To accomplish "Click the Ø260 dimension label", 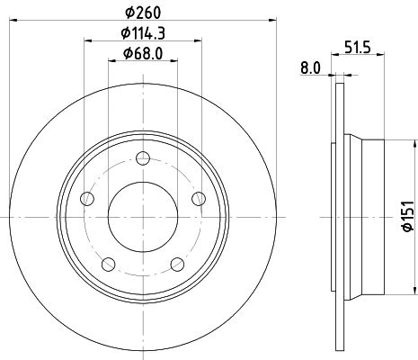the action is [143, 13].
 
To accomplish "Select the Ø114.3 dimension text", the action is [143, 33].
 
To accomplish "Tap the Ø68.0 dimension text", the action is [143, 53].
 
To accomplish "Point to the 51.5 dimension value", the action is [358, 48].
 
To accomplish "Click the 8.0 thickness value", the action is [310, 68].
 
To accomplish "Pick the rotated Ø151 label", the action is [408, 216].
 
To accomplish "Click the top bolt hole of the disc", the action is [143, 158].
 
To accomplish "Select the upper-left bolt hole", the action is [87, 199].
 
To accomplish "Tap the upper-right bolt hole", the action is [199, 199].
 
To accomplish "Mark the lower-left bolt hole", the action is [109, 265].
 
